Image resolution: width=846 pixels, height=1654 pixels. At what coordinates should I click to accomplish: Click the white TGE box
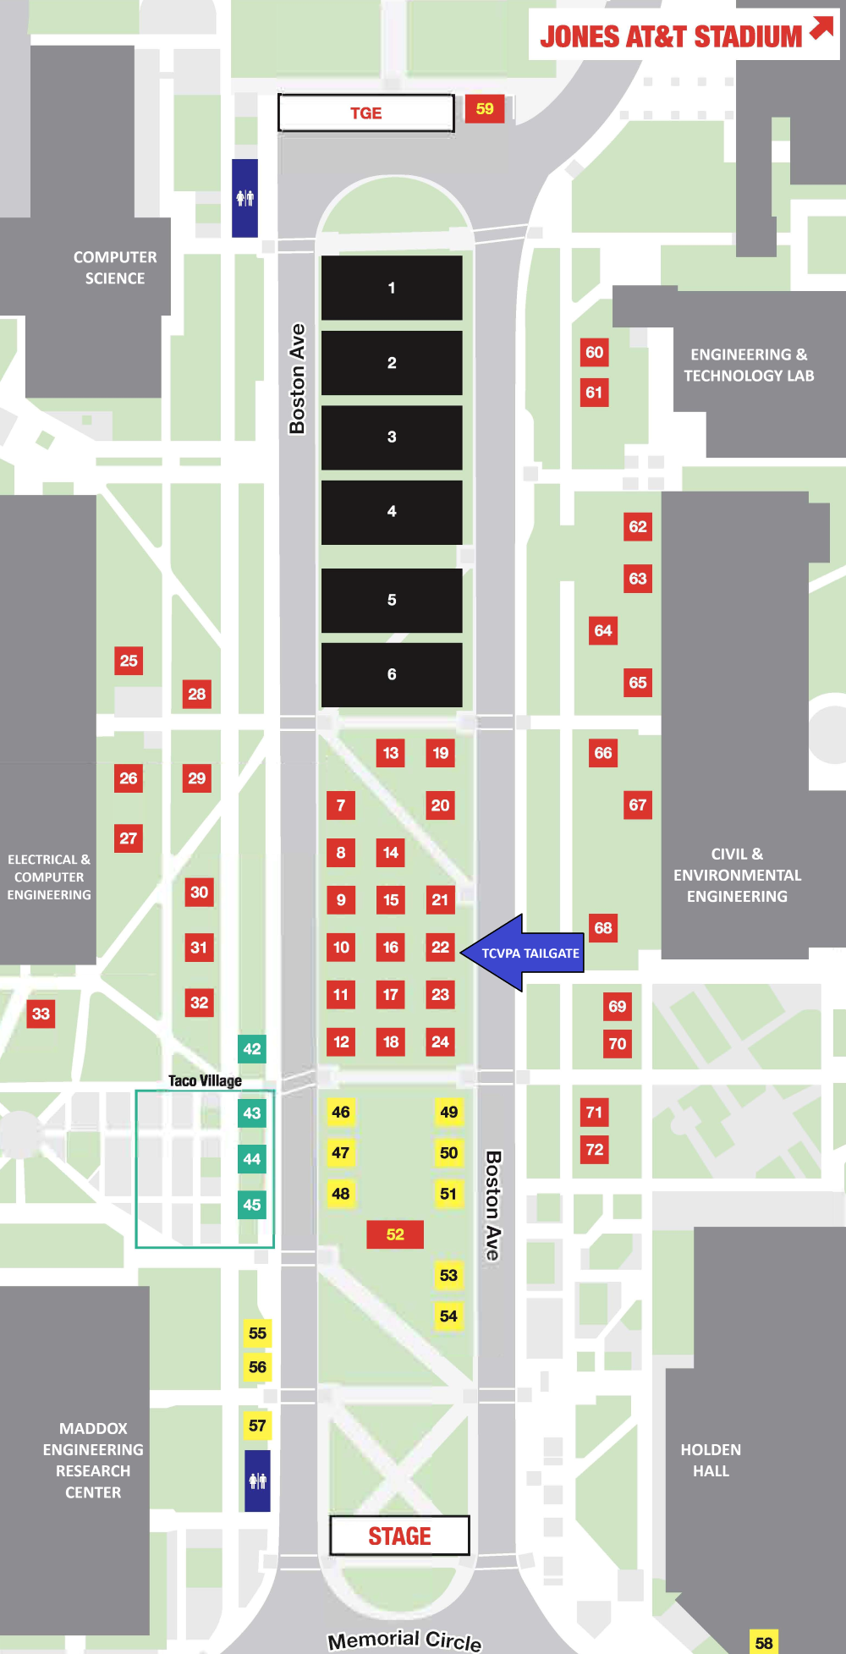coord(365,113)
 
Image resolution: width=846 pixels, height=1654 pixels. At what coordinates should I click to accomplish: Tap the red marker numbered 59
coord(485,108)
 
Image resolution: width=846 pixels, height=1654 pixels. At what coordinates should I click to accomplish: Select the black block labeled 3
coord(392,437)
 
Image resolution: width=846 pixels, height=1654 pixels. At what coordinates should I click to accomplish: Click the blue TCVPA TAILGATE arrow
coord(520,953)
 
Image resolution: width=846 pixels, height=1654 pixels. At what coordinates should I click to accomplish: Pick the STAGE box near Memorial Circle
coord(399,1536)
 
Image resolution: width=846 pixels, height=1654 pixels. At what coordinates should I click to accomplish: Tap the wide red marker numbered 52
coord(395,1234)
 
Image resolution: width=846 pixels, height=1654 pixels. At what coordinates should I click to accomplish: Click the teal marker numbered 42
coord(252,1049)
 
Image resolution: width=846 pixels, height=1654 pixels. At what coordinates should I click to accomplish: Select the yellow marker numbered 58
coord(763,1642)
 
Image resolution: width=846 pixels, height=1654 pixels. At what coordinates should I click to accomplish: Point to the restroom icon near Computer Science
coord(245,198)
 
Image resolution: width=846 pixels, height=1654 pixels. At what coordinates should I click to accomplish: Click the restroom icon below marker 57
coord(258,1481)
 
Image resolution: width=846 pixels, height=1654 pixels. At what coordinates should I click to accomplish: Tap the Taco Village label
coord(205,1080)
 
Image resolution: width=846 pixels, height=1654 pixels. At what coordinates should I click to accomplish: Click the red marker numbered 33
coord(41,1014)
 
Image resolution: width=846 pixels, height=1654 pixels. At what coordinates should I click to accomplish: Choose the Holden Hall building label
coord(711,1460)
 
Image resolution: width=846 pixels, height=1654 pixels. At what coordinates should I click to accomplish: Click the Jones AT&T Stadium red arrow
coord(821,28)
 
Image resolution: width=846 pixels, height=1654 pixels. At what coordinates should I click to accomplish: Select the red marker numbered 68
coord(603,927)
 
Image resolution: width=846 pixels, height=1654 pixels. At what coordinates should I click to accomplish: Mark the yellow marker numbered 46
coord(341,1112)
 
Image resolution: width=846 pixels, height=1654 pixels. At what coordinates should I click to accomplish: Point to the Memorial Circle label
coord(404,1640)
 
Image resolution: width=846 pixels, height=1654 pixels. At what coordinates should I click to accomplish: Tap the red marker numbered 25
coord(129,661)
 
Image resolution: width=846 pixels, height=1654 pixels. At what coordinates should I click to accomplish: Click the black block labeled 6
coord(392,674)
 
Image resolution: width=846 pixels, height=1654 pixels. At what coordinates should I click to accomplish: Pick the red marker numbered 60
coord(595,352)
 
